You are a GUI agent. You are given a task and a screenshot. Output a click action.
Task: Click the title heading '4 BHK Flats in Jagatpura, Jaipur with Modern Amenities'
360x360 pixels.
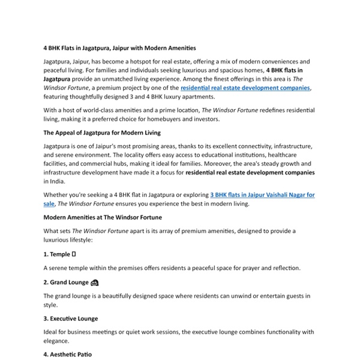tap(119, 47)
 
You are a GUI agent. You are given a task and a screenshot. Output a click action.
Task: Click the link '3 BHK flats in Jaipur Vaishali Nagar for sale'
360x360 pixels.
tap(263, 195)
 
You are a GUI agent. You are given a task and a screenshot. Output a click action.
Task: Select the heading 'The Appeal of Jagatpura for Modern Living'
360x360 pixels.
tap(102, 133)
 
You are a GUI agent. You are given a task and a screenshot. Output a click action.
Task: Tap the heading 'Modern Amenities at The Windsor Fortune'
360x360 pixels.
tap(103, 217)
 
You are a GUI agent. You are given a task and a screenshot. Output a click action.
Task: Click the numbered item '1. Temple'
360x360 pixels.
tap(57, 254)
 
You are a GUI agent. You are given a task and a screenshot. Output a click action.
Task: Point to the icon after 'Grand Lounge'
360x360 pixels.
tap(94, 283)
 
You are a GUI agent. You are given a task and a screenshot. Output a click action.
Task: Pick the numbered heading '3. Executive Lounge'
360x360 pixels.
tap(70, 319)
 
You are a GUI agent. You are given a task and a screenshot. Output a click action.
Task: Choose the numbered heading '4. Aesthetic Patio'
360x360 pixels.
tap(67, 355)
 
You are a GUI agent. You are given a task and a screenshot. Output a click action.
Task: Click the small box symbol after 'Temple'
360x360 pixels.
tap(74, 254)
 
